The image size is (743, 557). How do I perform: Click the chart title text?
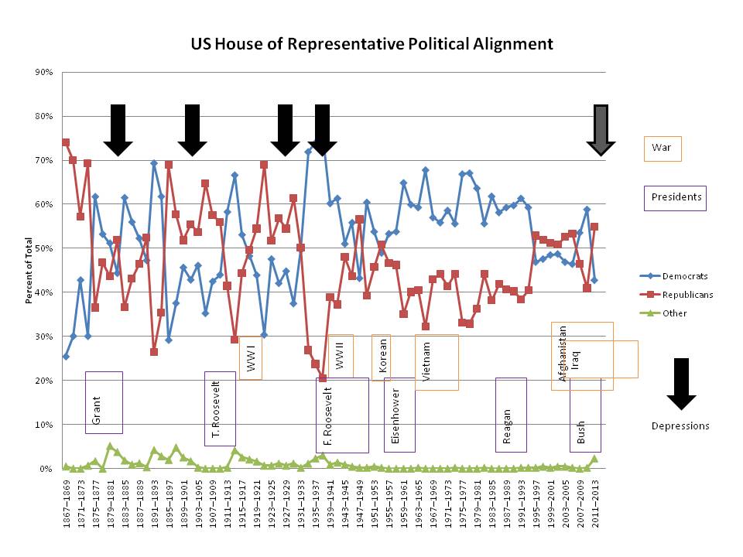372,43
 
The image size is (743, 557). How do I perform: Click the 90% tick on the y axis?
43,72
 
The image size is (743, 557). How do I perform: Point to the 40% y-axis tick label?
43,292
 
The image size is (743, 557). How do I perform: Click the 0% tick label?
46,469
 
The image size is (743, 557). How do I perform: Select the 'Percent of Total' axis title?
30,270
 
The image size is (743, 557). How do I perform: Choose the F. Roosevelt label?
329,419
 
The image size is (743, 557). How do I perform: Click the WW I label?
251,357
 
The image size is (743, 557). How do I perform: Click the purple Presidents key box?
676,197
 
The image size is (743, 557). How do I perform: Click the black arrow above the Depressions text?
681,384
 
